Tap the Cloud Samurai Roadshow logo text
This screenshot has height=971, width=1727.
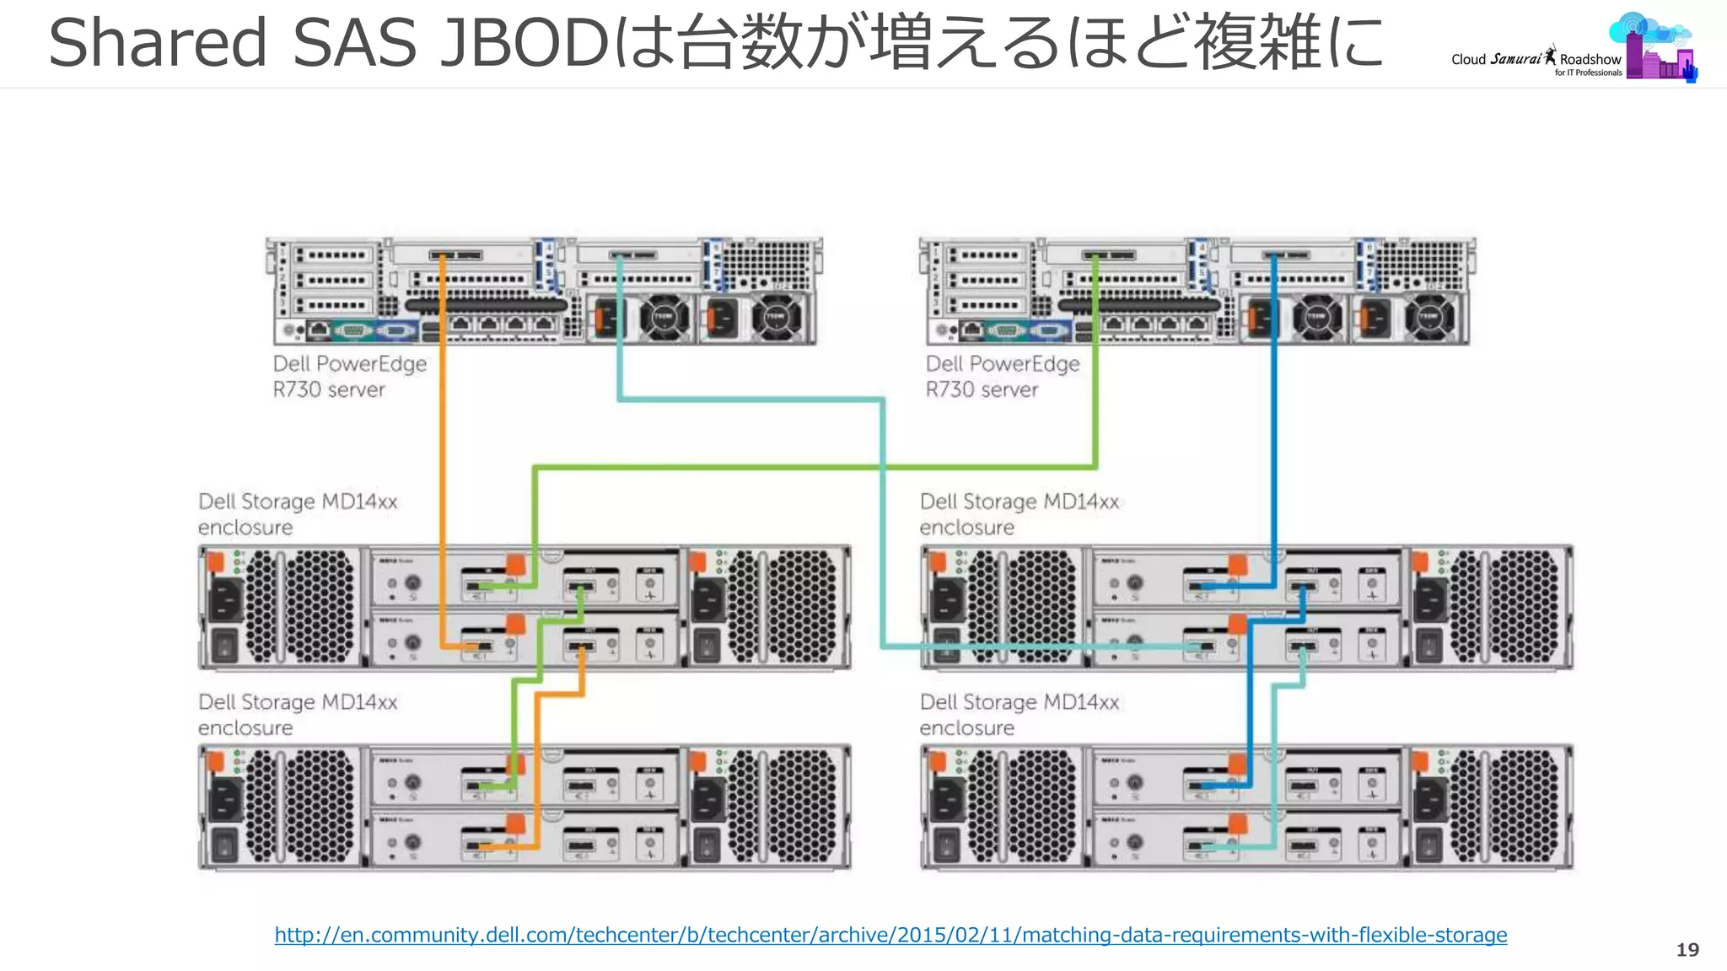pos(1535,59)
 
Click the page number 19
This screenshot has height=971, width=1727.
pos(1687,950)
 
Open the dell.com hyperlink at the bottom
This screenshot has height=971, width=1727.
pos(890,935)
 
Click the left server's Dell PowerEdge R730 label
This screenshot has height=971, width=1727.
pos(348,376)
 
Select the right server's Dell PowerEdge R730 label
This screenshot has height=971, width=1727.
pos(1002,376)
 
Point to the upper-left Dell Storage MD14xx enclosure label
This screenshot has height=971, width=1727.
pos(297,513)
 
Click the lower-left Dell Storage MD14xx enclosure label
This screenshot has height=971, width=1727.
pos(297,714)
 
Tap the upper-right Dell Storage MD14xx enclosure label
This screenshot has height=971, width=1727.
pos(1019,513)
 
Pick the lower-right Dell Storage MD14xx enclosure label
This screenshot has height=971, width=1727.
pos(1019,714)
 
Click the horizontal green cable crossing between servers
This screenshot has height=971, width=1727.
pos(810,466)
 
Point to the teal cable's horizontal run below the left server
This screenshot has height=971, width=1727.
pos(751,399)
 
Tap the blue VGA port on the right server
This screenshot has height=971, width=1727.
pos(1048,330)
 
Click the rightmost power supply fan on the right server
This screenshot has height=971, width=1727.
pos(1428,318)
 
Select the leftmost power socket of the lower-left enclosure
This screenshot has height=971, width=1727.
pos(223,798)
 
